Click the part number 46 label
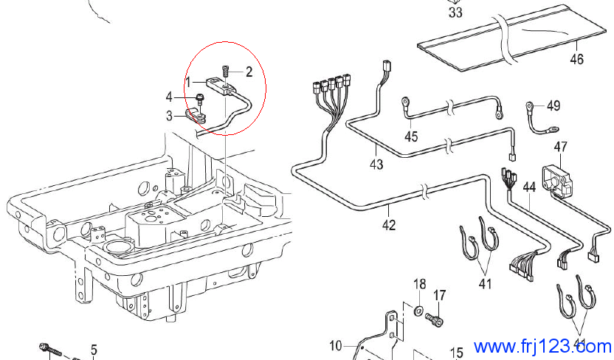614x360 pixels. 576,60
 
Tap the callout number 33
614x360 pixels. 455,13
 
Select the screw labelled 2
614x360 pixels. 226,71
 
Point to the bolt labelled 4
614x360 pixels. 200,98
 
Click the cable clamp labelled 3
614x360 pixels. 195,117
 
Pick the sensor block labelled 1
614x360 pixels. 221,86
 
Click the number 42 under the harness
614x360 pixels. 389,225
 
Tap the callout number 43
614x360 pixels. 376,165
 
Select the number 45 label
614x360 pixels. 411,136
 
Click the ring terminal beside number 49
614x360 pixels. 529,105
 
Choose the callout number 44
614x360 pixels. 529,187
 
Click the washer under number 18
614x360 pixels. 418,311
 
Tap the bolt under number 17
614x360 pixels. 434,319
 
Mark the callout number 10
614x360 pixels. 336,346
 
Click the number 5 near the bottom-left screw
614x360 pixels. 94,350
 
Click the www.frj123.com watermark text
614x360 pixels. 542,347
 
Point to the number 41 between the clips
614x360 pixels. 485,283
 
